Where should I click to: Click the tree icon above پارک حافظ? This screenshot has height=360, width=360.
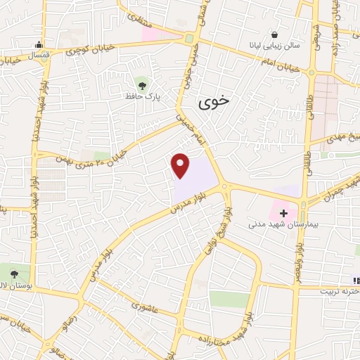143,85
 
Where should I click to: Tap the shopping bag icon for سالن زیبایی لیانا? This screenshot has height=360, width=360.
274,34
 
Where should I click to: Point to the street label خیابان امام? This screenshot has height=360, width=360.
282,67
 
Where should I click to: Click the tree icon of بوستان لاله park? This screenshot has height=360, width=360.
15,271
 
